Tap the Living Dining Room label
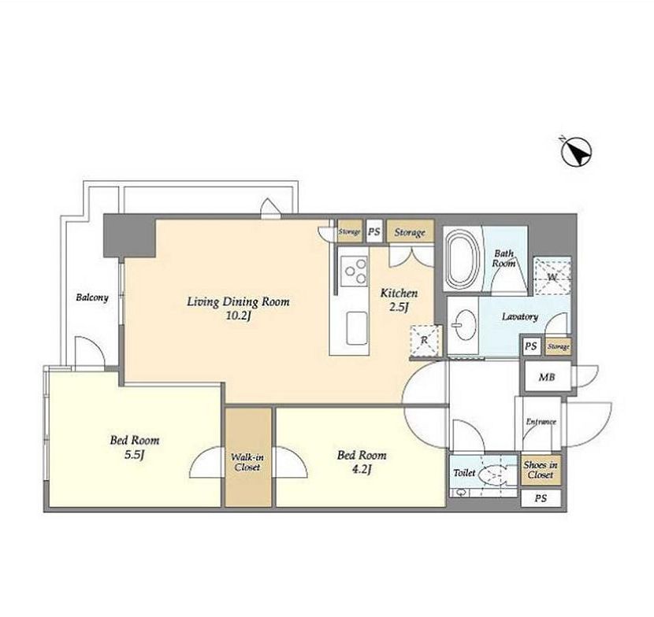tap(238, 301)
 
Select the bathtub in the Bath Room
tap(463, 258)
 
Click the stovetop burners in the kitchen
tap(354, 272)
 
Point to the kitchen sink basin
tap(357, 328)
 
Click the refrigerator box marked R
tap(425, 340)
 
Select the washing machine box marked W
tap(552, 276)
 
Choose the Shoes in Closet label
tap(541, 470)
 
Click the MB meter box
tap(547, 377)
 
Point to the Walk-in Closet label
tap(247, 462)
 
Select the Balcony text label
tap(92, 297)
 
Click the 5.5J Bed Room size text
tap(134, 456)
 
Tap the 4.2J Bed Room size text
tap(361, 470)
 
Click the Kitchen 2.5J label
tap(399, 300)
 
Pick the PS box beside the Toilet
tap(541, 498)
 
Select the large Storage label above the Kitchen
tap(410, 232)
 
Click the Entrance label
tap(541, 422)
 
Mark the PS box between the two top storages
tap(374, 231)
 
